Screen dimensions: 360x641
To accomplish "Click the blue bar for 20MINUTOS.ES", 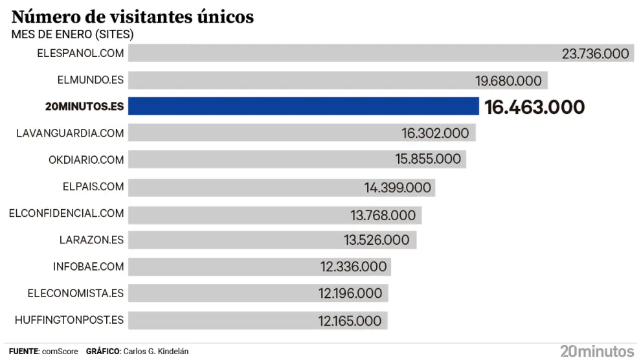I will click(303, 106).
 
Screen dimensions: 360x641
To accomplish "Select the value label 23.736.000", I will click(595, 53).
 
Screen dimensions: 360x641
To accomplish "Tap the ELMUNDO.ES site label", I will click(90, 80).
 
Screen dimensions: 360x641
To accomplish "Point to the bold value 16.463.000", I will click(534, 107).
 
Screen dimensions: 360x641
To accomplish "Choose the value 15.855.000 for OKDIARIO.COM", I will click(428, 159).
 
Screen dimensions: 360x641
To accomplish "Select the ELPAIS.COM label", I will click(93, 186).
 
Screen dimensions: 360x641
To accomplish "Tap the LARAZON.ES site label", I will click(91, 240).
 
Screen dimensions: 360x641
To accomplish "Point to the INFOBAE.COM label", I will click(88, 266).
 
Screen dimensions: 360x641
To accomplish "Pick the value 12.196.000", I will click(350, 293).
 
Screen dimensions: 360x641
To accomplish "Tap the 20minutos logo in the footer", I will click(596, 351).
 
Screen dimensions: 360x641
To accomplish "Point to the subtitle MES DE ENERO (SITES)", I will click(73, 34).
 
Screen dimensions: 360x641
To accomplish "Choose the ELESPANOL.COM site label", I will click(81, 53).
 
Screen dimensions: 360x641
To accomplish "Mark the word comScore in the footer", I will click(60, 352).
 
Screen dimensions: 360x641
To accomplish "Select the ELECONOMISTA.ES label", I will click(75, 293).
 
